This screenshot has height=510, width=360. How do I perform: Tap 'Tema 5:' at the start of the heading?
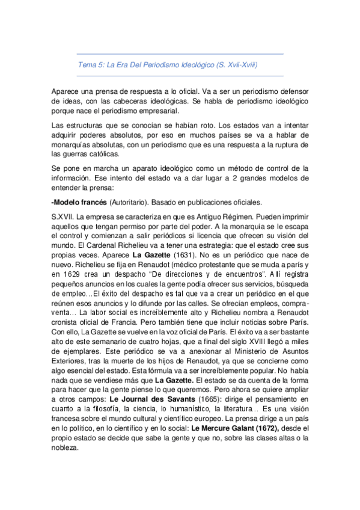pos(91,64)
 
